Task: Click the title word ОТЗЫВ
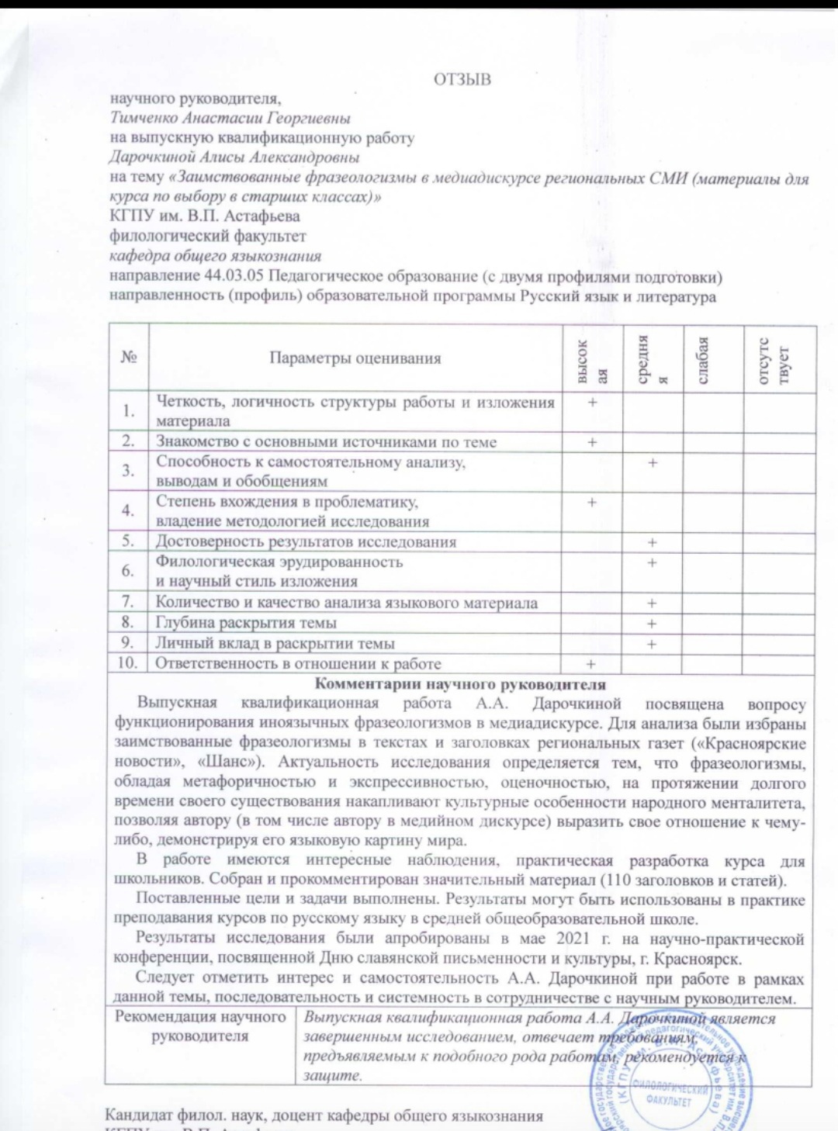[462, 79]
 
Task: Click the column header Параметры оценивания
[355, 358]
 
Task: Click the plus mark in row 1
[592, 402]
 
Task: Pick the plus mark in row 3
[653, 462]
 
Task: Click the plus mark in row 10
[591, 664]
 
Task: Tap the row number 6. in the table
[128, 571]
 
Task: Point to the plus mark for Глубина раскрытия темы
[652, 624]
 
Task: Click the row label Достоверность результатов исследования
[306, 541]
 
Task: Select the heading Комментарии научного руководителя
[460, 684]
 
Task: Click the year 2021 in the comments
[573, 938]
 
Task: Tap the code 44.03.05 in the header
[234, 277]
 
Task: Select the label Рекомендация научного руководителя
[200, 1026]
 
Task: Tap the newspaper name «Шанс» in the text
[227, 763]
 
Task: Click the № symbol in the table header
[129, 358]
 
